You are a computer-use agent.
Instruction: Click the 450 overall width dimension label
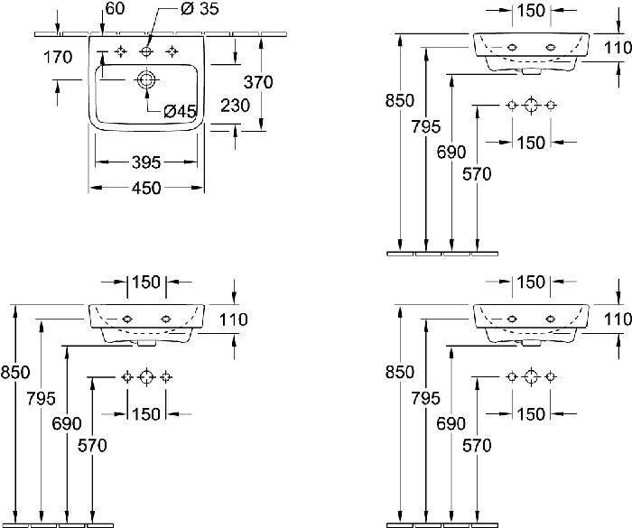(x=146, y=188)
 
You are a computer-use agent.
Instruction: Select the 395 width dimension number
(x=146, y=162)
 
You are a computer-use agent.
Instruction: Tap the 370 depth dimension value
(x=258, y=82)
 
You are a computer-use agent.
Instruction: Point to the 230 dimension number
(x=236, y=106)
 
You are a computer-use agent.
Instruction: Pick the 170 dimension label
(x=58, y=57)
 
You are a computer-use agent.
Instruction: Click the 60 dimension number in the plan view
(x=115, y=8)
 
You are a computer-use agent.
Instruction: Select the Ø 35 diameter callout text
(x=200, y=9)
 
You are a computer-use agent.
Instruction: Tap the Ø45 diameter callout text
(x=181, y=111)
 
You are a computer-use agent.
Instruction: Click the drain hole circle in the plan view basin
(x=146, y=79)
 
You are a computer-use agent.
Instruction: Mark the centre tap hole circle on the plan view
(x=146, y=51)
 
